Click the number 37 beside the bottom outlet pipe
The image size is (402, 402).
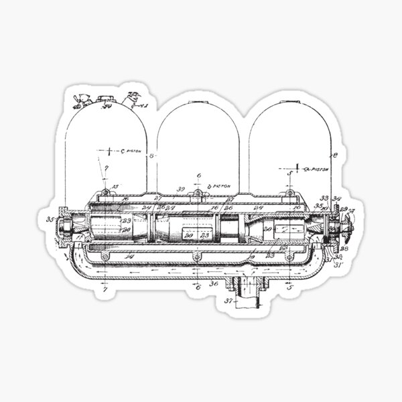[229, 301]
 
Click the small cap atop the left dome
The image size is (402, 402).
[105, 100]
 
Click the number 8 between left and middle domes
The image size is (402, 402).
[151, 156]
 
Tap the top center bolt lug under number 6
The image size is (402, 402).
[198, 195]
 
